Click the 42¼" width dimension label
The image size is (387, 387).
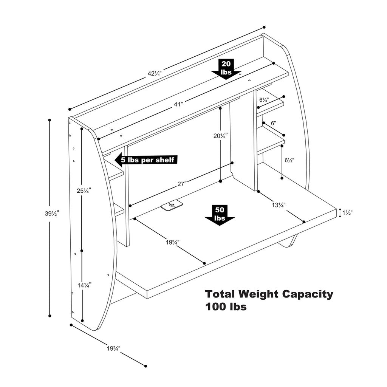(155, 73)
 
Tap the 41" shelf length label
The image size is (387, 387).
(178, 104)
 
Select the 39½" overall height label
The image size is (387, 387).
(52, 214)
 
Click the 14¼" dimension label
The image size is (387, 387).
(85, 285)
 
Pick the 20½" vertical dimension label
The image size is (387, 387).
(220, 136)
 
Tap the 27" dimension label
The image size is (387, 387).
(182, 184)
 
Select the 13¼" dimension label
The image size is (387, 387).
(279, 205)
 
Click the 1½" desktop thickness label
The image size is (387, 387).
(348, 213)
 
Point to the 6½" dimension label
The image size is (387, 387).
(289, 160)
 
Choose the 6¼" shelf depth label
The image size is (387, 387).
(264, 100)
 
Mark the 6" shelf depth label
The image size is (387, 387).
(273, 123)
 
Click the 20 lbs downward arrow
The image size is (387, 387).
(226, 69)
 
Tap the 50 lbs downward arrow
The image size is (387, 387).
(220, 215)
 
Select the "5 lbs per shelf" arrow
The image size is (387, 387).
(146, 160)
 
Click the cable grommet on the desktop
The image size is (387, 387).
(172, 205)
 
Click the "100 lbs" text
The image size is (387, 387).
(226, 307)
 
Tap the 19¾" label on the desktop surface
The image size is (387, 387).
(172, 242)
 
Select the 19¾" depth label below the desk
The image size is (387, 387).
(113, 348)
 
